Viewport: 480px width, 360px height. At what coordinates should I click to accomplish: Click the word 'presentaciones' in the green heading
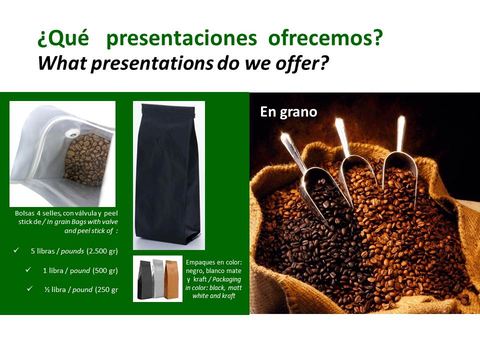(x=181, y=38)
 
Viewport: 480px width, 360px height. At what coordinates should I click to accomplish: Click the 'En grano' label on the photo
(x=288, y=112)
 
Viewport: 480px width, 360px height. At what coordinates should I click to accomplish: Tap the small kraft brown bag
(x=171, y=279)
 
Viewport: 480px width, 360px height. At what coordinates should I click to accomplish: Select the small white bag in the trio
(x=157, y=278)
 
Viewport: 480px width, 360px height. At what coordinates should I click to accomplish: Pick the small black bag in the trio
(x=144, y=279)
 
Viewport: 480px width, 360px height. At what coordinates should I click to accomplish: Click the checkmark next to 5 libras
(x=16, y=250)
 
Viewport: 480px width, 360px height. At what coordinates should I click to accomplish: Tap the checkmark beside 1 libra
(x=28, y=269)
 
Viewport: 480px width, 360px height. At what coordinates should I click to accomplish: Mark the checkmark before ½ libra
(x=29, y=288)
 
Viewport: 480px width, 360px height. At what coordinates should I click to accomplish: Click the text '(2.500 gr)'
(x=102, y=251)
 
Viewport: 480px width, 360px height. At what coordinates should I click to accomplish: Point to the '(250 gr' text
(x=106, y=289)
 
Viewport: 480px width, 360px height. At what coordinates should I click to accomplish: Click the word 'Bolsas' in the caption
(x=24, y=213)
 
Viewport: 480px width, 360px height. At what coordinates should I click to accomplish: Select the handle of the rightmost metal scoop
(x=400, y=134)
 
